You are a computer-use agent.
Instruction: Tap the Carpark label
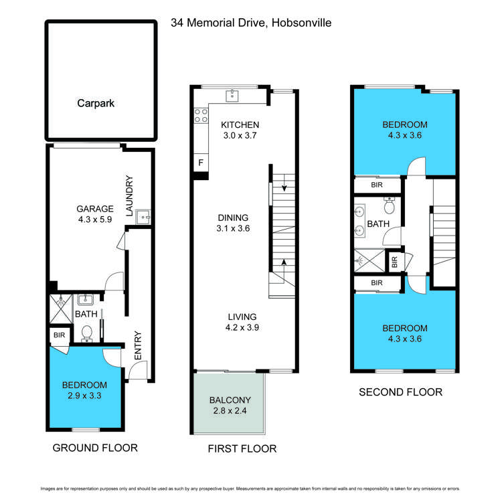96,104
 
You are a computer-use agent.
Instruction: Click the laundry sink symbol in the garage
143,216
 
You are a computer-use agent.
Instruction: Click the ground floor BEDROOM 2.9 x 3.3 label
84,390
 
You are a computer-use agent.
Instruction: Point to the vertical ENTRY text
138,345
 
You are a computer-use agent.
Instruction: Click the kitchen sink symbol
233,95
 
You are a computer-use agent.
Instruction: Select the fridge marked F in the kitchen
199,163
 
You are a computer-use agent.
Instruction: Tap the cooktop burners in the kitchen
199,115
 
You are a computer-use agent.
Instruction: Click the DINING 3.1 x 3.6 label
233,223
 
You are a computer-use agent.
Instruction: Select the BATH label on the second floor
378,224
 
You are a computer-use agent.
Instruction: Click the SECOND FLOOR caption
400,392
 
